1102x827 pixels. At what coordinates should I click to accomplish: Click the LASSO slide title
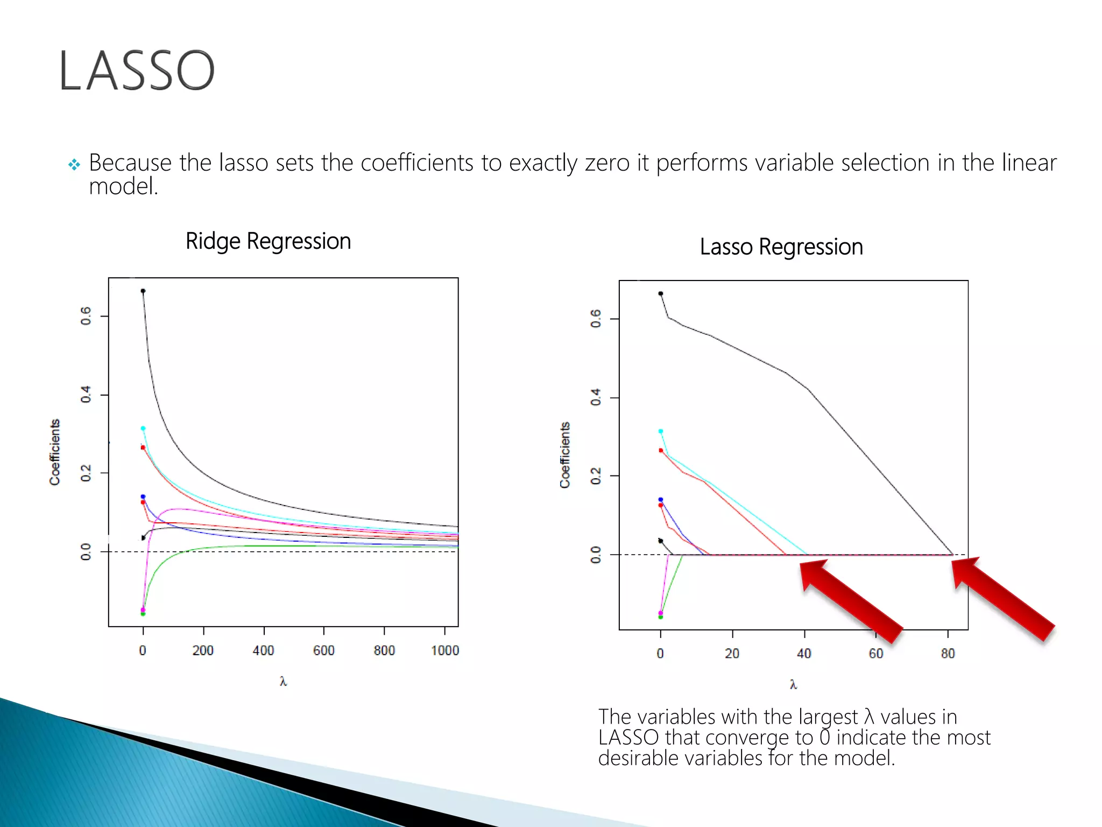[137, 71]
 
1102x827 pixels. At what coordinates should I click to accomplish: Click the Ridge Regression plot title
[268, 241]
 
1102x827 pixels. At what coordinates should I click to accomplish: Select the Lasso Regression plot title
[781, 247]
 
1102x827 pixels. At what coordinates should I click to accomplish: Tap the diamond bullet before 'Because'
[74, 164]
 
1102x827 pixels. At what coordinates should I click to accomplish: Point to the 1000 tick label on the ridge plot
[445, 650]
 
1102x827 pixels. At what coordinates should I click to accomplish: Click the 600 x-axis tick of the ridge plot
[324, 650]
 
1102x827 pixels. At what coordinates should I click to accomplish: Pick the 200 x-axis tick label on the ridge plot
[203, 650]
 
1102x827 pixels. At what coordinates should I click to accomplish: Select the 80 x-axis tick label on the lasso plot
[948, 654]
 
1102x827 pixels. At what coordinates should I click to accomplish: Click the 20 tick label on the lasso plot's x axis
[732, 654]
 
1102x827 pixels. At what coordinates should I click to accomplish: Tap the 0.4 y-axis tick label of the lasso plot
[596, 397]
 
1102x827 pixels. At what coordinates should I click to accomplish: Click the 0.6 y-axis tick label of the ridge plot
[86, 316]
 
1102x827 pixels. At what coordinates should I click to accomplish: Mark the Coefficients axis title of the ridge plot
[55, 452]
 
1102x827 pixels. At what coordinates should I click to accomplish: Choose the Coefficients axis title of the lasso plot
[564, 455]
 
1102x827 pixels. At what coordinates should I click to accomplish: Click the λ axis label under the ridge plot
[283, 682]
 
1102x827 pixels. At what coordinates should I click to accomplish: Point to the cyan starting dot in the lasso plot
[661, 431]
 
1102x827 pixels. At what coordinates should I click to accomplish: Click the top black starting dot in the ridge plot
[143, 291]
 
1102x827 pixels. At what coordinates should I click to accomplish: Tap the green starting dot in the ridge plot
[143, 614]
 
